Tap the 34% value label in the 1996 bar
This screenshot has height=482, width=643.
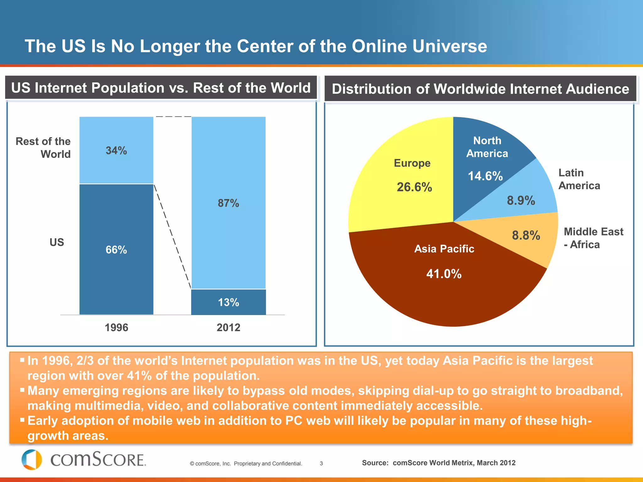tap(116, 151)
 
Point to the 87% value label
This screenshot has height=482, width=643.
tap(228, 203)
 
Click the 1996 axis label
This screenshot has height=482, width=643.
tap(116, 327)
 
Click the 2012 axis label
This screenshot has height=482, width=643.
tap(228, 327)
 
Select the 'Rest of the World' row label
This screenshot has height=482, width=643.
tap(43, 147)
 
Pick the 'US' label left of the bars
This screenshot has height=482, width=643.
tap(57, 242)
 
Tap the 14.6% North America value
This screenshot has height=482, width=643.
tap(485, 176)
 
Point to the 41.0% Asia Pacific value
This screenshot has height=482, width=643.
tap(444, 274)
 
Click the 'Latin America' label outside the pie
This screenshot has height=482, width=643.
tap(579, 179)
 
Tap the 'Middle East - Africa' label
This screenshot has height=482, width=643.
tap(593, 238)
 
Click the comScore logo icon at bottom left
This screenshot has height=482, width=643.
tap(32, 459)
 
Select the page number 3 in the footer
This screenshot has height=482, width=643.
tap(321, 463)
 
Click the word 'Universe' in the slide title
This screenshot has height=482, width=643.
tap(450, 46)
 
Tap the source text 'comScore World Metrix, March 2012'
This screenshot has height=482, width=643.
tap(454, 463)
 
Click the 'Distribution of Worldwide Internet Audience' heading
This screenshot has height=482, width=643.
tap(480, 89)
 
